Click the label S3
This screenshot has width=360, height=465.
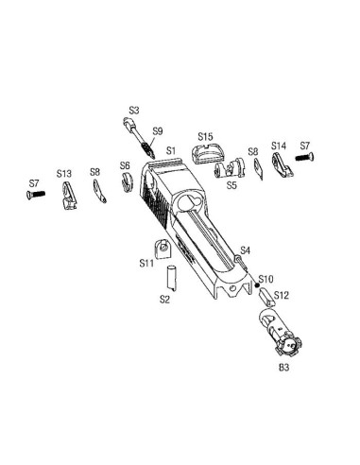tap(134, 111)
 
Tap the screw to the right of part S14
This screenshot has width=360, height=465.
tap(304, 157)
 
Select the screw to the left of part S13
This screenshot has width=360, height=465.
tap(36, 194)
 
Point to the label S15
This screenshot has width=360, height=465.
tap(205, 137)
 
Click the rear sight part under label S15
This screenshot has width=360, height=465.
tap(206, 154)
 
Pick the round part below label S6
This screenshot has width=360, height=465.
tap(128, 182)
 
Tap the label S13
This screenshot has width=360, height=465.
tap(64, 174)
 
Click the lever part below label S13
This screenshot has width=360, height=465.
tap(69, 196)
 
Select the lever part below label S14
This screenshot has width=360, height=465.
tap(283, 164)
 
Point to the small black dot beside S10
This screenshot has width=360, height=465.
tap(257, 285)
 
